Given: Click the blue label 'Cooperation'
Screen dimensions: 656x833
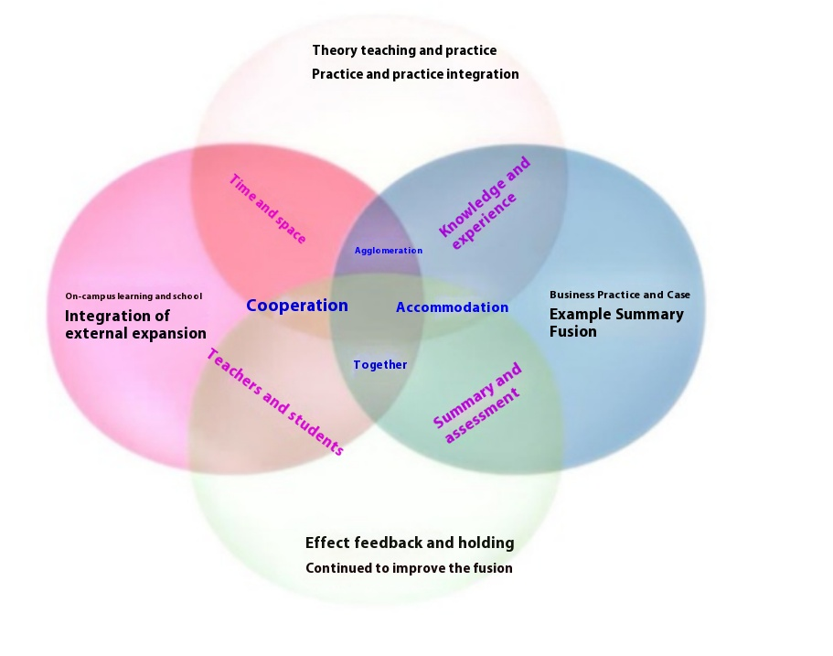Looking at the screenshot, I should coord(297,306).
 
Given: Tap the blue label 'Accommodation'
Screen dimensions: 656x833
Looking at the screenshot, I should coord(452,307).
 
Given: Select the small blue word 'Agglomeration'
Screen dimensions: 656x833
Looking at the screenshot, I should coord(389,251).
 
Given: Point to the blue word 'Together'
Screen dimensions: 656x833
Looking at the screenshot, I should coord(380,365).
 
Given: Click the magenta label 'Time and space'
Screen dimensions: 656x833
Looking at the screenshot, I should coord(267,209).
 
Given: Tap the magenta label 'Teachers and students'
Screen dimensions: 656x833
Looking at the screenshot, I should coord(274,402).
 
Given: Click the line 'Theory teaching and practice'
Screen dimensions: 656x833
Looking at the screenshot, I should coord(404,50).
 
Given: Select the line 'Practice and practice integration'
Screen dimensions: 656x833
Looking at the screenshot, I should coord(415,74).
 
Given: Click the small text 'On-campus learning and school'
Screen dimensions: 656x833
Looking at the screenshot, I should coord(133,296).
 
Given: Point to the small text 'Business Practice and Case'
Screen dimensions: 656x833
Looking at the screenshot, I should coord(620,295).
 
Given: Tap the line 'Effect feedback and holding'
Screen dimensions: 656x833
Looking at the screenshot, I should coord(410,543).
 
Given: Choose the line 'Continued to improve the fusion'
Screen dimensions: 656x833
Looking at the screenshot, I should coord(409,568).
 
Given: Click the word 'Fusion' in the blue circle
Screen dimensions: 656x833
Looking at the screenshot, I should coord(573,332).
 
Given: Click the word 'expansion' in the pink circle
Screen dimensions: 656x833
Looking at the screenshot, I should coord(166,334).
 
